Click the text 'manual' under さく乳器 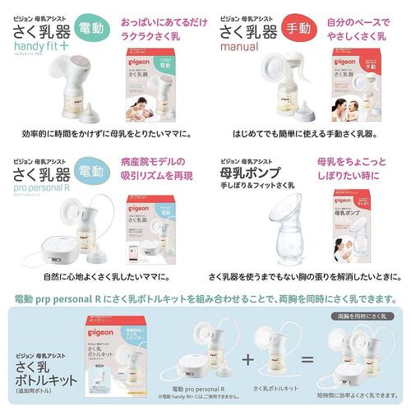tap(241, 48)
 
